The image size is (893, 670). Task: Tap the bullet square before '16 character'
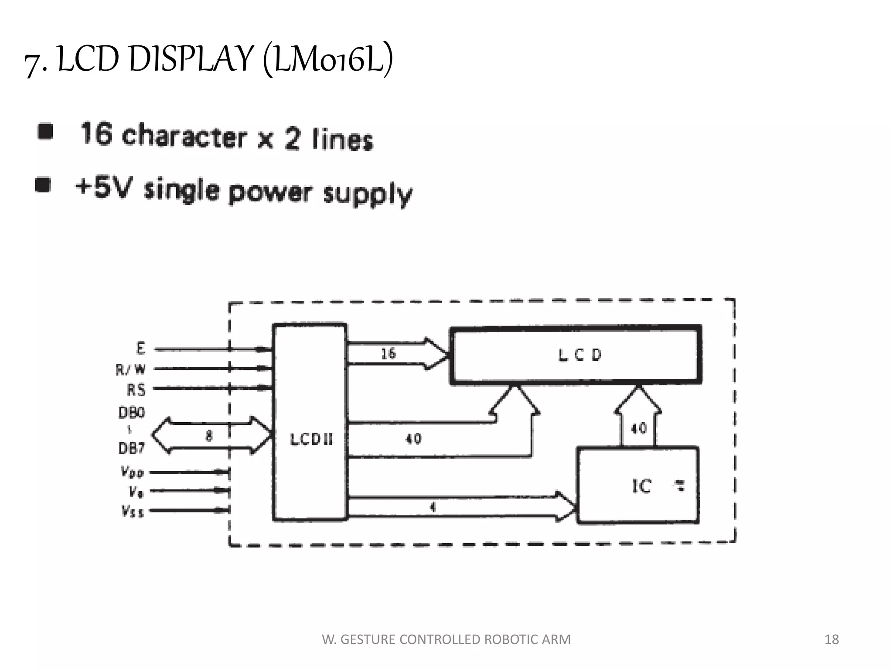point(45,131)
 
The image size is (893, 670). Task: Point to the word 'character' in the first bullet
point(184,136)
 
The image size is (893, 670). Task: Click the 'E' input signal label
point(140,349)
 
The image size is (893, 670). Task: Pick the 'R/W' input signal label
point(130,369)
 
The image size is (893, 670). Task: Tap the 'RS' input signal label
point(136,390)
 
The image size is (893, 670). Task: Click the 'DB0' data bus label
point(132,412)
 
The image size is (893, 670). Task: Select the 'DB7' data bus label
point(132,448)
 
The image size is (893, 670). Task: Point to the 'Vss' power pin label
point(133,511)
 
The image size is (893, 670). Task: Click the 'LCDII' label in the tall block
point(311,439)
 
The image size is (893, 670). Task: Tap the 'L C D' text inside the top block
point(579,355)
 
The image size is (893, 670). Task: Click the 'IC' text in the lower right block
point(641,486)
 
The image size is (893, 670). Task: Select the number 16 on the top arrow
point(388,353)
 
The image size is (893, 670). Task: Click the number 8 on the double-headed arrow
point(209,435)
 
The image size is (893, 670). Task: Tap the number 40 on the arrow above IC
point(639,428)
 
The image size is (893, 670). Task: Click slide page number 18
point(832,639)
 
